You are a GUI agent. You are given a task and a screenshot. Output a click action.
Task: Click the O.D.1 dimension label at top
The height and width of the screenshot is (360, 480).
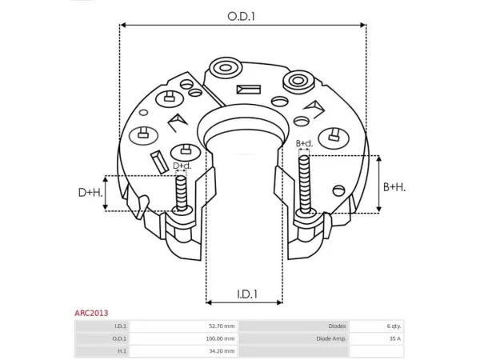[242, 16]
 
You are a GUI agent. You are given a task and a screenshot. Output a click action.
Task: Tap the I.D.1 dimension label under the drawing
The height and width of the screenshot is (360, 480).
[247, 294]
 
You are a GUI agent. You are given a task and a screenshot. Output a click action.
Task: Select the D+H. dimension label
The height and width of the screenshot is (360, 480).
[90, 193]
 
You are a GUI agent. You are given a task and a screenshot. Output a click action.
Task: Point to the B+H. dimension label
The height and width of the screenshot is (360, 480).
[394, 187]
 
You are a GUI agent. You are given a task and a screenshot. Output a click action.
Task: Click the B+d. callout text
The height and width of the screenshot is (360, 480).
[304, 143]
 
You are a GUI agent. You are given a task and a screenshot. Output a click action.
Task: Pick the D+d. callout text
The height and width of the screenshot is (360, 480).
[182, 166]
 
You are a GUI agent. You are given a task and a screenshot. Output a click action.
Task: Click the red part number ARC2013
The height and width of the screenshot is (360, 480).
[91, 313]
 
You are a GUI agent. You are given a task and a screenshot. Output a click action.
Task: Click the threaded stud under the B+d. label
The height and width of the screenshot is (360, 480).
[305, 184]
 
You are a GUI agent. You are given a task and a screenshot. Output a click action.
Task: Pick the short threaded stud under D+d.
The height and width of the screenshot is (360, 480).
[182, 194]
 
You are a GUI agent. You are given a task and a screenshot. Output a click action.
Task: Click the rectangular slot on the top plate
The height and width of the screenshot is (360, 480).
[249, 90]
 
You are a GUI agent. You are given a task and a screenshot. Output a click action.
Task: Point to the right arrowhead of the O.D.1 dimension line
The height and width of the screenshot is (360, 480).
[363, 25]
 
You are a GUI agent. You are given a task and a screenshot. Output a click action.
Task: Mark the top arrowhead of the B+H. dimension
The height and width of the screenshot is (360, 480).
[379, 159]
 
